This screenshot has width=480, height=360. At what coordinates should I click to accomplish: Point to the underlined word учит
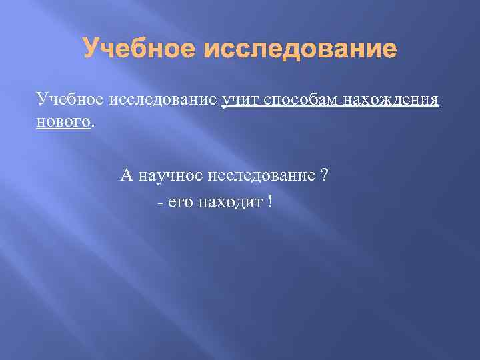tap(241, 100)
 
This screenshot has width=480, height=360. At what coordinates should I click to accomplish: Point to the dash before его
tap(160, 201)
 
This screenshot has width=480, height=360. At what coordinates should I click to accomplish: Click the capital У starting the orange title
tap(90, 49)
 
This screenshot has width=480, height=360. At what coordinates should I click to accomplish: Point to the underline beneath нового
tap(62, 129)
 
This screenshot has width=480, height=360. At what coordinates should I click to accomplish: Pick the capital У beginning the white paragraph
tap(42, 100)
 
